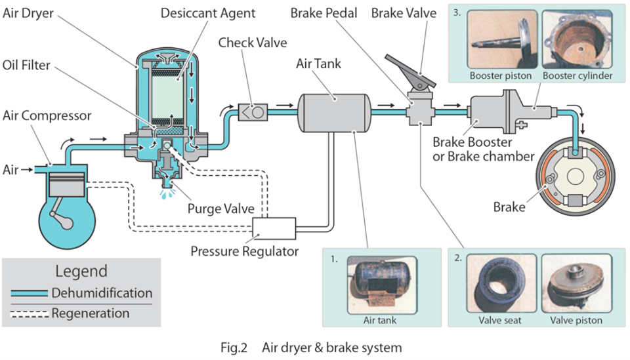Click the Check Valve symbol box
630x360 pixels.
pos(253,112)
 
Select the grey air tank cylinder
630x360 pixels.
pos(333,113)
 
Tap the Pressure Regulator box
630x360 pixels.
pos(274,228)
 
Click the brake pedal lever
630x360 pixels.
pos(410,71)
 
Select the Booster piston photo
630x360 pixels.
pos(502,39)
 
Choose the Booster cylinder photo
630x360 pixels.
pos(577,39)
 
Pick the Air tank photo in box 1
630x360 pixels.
pos(382,285)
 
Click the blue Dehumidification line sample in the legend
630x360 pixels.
pos(30,293)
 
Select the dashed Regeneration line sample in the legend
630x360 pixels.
pos(30,314)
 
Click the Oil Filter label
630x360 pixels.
pos(26,65)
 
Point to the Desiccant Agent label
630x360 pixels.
pos(208,13)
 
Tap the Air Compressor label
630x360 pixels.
pos(47,115)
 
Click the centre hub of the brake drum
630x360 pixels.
pos(576,176)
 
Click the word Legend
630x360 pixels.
pos(81,271)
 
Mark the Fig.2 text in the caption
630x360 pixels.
pos(234,348)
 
